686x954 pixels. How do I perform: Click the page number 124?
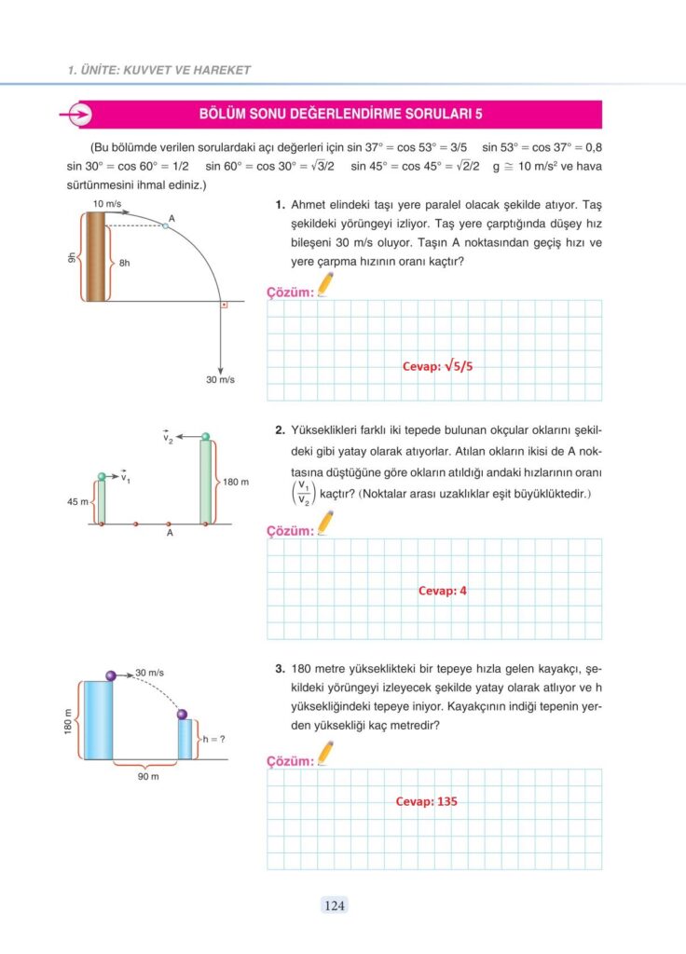[x=336, y=904]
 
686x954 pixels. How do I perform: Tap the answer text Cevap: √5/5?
[x=437, y=366]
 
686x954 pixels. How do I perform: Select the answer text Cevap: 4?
[x=442, y=590]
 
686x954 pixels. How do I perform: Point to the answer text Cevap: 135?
[x=426, y=801]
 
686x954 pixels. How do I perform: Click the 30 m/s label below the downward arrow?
[x=220, y=379]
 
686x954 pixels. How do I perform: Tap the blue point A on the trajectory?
[x=165, y=225]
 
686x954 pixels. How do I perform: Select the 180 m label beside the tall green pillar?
[x=236, y=483]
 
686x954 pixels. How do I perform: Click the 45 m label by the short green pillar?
[x=78, y=501]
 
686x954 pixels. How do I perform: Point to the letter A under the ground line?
[x=170, y=535]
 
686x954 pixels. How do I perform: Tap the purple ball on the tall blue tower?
[x=111, y=675]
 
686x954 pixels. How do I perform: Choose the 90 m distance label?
[x=148, y=775]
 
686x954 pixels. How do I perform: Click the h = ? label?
[x=217, y=740]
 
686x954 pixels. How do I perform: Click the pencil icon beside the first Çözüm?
[x=325, y=285]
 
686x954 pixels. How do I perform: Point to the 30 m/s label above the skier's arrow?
[x=150, y=672]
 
